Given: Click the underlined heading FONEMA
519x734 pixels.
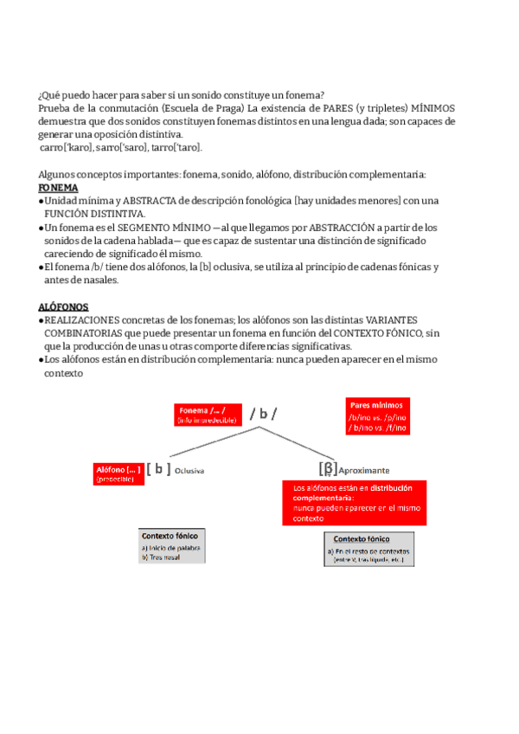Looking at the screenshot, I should point(58,188).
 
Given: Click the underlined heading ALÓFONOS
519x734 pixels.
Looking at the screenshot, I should point(63,306).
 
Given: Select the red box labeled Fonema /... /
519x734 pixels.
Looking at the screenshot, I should point(207,414).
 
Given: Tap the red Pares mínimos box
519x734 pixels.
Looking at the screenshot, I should point(379,416).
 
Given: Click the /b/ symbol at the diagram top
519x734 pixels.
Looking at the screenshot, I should point(263,414).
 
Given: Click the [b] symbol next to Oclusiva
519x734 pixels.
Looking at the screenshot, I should point(158,469).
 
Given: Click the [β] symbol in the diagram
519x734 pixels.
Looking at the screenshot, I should point(328,468).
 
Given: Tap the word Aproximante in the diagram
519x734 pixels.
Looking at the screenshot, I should point(364,470).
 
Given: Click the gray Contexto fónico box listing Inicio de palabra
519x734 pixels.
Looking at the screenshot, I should point(172,546).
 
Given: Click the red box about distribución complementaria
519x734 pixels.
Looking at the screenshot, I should point(354,503).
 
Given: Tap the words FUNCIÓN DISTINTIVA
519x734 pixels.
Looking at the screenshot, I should point(95,214).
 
